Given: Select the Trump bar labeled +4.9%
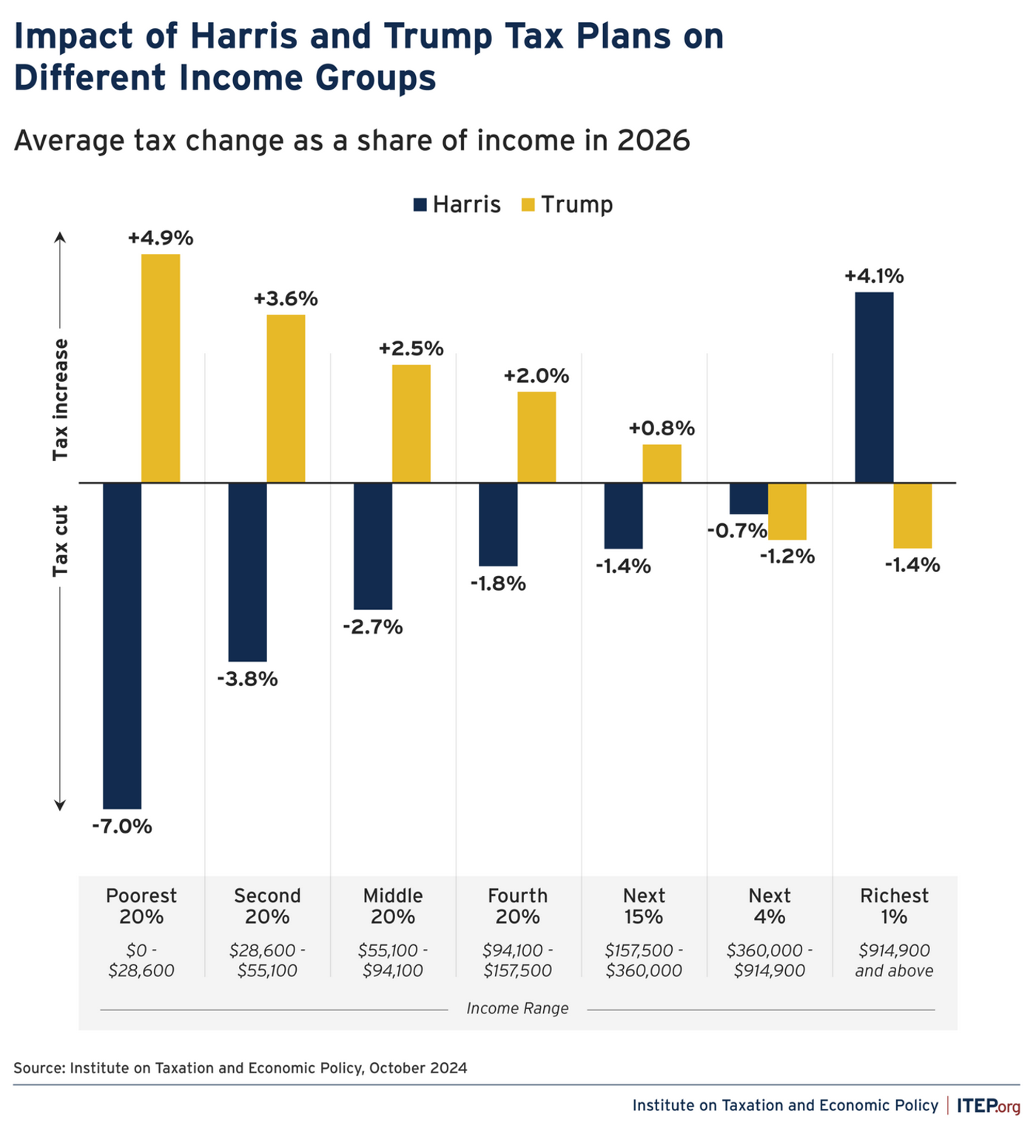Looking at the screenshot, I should (161, 368).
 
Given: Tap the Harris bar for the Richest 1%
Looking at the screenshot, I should (874, 387).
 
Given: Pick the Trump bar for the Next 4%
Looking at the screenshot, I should (787, 511).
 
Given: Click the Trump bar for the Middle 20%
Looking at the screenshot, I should (411, 423).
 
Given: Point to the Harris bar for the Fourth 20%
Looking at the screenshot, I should (498, 524).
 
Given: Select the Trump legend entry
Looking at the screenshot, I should (568, 205).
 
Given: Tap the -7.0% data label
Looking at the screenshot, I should (122, 827).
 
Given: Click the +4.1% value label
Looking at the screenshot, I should (874, 277).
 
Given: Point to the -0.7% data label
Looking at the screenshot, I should (737, 531).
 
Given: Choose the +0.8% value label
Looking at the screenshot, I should (662, 429).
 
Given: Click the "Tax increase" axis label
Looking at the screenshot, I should (60, 400).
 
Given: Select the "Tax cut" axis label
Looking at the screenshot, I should (60, 541).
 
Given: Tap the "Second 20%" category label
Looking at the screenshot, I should (267, 906).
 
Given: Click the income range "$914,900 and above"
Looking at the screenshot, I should (894, 960).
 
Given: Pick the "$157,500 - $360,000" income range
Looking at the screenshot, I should (644, 960).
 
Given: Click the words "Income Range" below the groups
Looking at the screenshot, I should (517, 1008).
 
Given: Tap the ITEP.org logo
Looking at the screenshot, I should (988, 1106).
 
